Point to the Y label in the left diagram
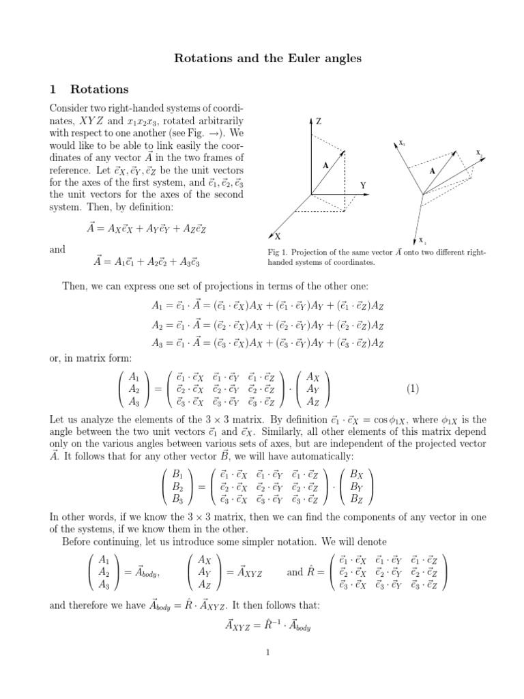pos(364,185)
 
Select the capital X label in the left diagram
pos(278,236)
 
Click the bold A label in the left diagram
pos(325,165)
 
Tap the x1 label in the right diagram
pos(423,241)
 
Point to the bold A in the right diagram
pos(432,171)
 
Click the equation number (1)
pos(412,389)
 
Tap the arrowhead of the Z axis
pos(311,120)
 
